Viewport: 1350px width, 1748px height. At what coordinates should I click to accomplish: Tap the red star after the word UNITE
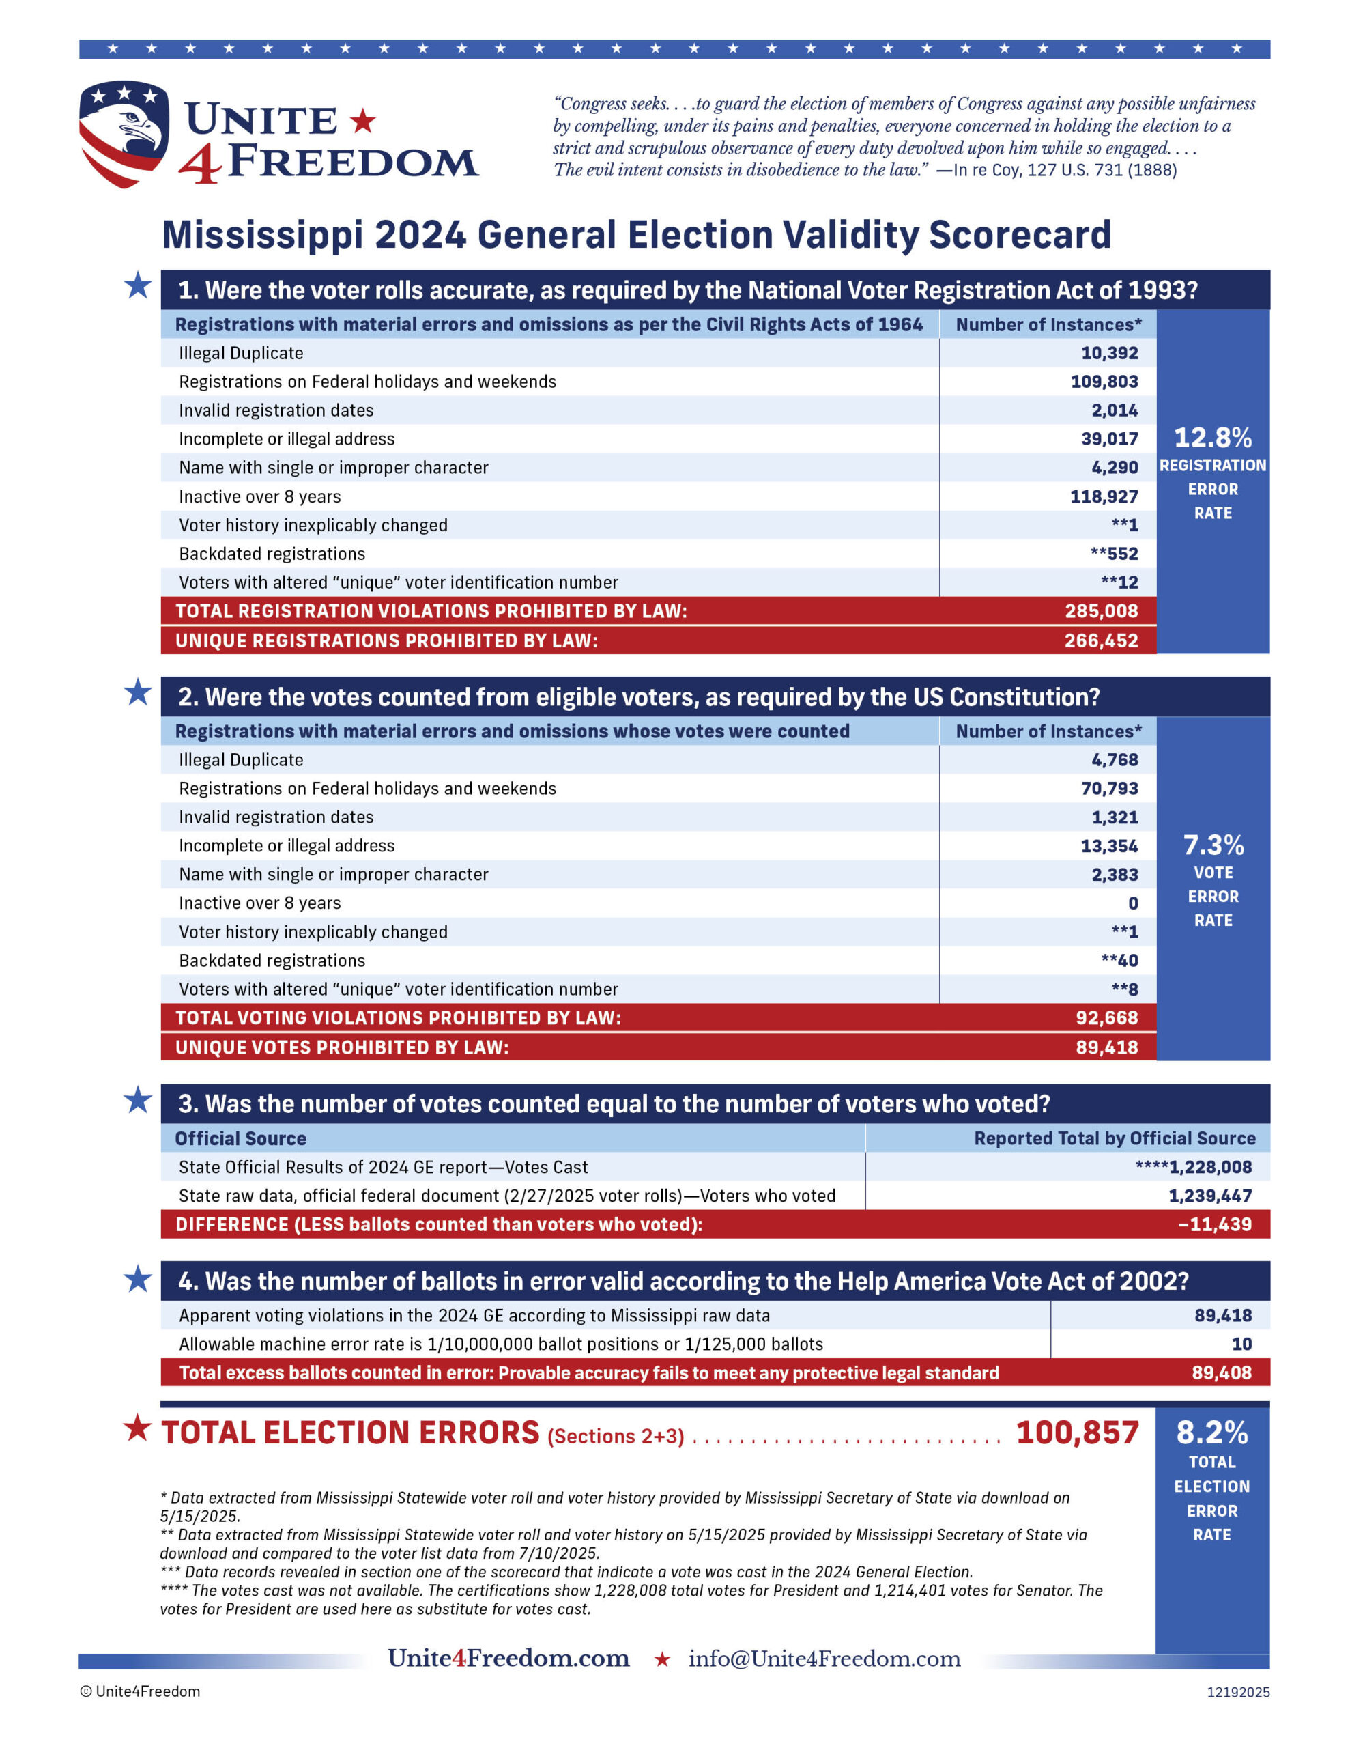pos(362,121)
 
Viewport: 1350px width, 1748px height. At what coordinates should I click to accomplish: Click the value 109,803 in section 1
pos(1104,382)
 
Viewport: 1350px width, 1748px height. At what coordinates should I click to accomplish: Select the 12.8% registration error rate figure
pos(1212,438)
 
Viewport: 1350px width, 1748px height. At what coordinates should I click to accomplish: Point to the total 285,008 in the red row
pos(1100,610)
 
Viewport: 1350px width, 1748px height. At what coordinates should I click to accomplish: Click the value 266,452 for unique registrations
pos(1100,640)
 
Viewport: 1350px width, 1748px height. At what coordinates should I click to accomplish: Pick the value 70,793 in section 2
pos(1108,789)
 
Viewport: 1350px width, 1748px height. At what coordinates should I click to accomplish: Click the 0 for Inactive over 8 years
pos(1132,903)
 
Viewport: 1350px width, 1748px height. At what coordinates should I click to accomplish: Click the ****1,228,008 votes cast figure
pos(1193,1167)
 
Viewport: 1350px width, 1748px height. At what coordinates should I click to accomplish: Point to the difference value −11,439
pos(1214,1224)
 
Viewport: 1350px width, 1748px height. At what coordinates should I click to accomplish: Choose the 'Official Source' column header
pos(241,1138)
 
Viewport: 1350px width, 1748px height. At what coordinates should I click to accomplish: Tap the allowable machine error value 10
pos(1241,1344)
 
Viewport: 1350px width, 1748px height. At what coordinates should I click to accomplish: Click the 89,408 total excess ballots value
pos(1221,1372)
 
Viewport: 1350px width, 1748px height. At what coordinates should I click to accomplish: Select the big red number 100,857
pos(1077,1433)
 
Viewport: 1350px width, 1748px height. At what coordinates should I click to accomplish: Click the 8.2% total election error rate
pos(1211,1433)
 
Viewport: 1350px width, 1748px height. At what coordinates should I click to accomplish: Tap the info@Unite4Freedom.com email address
pos(824,1659)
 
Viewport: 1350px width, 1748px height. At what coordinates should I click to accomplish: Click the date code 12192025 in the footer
pos(1238,1692)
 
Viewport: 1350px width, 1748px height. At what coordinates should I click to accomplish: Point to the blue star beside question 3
pos(138,1101)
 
